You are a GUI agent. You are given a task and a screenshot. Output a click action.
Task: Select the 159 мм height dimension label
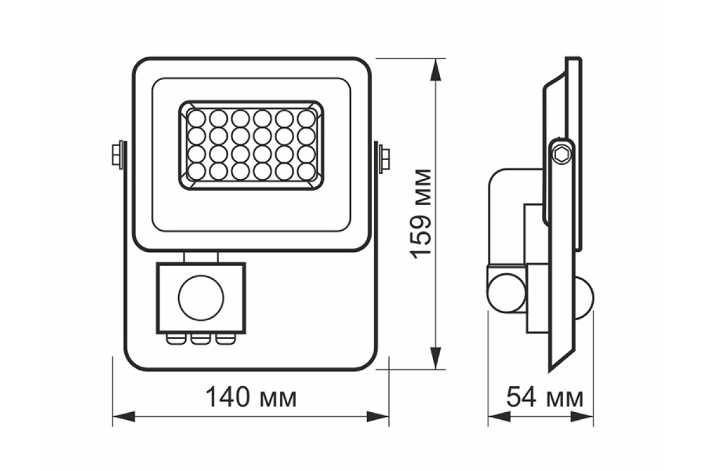tap(421, 214)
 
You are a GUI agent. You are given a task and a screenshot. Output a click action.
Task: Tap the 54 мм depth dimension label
tap(545, 397)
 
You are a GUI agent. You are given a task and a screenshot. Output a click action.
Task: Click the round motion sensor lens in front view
tap(201, 298)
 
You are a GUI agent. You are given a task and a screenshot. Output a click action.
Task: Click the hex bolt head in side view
tap(561, 155)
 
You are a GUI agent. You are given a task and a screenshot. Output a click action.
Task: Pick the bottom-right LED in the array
tap(307, 171)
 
